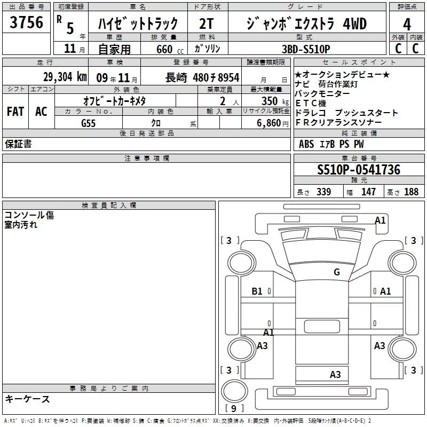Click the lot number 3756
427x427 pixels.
pyautogui.click(x=26, y=22)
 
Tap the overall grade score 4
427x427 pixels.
pyautogui.click(x=407, y=24)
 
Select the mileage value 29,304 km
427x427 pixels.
pyautogui.click(x=65, y=77)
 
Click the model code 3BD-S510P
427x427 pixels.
pyautogui.click(x=306, y=49)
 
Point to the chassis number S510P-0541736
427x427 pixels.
pyautogui.click(x=359, y=170)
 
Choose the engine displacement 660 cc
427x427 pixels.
pyautogui.click(x=170, y=49)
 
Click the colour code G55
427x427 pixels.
pyautogui.click(x=88, y=123)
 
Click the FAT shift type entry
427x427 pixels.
pyautogui.click(x=15, y=112)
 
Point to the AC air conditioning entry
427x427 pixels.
pyautogui.click(x=41, y=112)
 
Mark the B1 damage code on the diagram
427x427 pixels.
pyautogui.click(x=257, y=291)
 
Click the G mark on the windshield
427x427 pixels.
pyautogui.click(x=337, y=272)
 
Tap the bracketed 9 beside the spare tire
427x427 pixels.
pyautogui.click(x=234, y=408)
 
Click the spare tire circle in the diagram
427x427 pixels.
pyautogui.click(x=235, y=391)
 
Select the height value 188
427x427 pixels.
pyautogui.click(x=411, y=192)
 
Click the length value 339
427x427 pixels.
pyautogui.click(x=323, y=192)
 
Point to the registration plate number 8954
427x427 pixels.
pyautogui.click(x=228, y=77)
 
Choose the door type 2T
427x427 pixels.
pyautogui.click(x=206, y=23)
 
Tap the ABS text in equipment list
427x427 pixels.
pyautogui.click(x=306, y=144)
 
